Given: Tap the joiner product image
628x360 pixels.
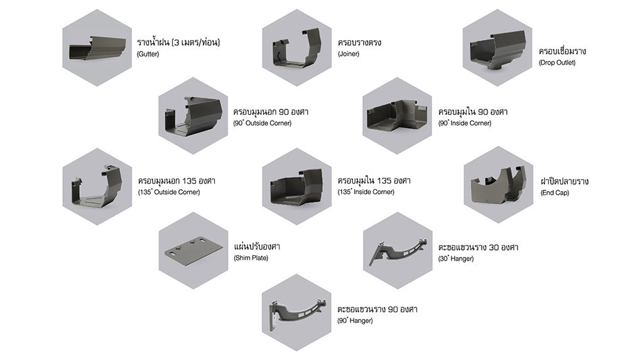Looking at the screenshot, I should coord(296,49).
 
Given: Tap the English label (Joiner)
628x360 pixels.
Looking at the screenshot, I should coord(348,55).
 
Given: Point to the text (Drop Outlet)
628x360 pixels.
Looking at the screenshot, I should coord(556,63).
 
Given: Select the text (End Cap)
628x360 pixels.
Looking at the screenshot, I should coord(555,193).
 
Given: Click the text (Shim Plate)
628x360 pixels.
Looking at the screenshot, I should coord(251,258).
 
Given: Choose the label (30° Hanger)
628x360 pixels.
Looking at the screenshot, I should coord(456,259).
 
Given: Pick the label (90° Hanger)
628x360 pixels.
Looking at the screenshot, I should coord(355,321).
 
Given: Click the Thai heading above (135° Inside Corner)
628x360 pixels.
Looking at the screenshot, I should coord(374,181).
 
